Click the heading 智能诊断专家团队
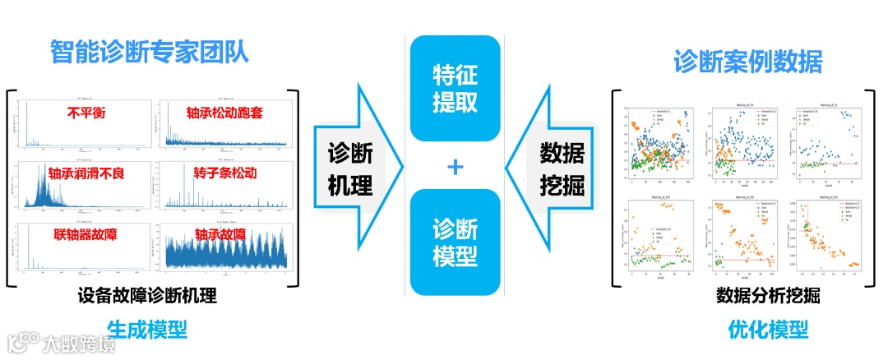point(149,54)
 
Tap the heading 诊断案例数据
point(747,62)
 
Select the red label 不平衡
point(86,112)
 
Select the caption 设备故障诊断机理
point(148,295)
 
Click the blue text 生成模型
point(147,330)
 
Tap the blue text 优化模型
point(768,330)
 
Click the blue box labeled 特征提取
point(455,88)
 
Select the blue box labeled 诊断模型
point(455,242)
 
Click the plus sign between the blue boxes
point(455,167)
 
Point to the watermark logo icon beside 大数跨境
point(22,342)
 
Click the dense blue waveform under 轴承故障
point(224,254)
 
